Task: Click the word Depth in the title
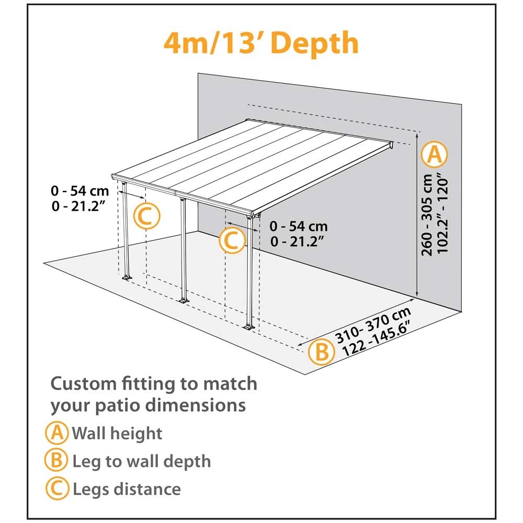315,43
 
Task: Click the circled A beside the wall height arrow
434,155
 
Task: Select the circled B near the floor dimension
322,351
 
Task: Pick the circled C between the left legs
147,216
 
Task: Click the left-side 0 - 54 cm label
80,191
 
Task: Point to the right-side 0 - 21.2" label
298,241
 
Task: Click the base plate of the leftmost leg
127,278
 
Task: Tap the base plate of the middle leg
184,300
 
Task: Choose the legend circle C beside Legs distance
57,488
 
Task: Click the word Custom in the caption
83,383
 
